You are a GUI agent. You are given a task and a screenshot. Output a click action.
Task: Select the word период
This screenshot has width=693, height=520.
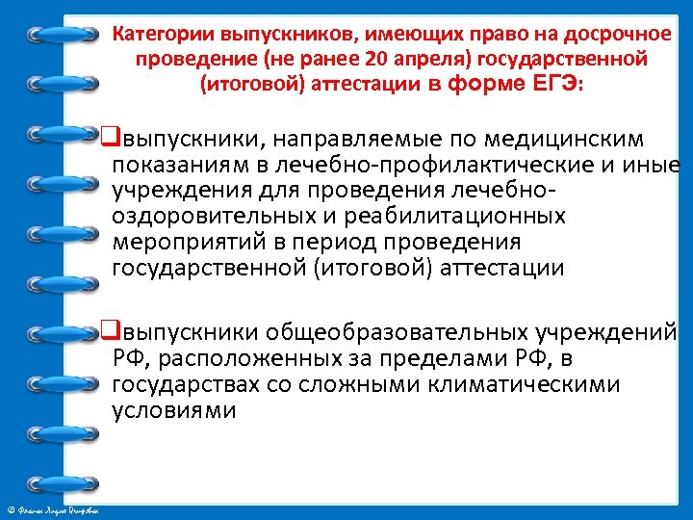(x=360, y=242)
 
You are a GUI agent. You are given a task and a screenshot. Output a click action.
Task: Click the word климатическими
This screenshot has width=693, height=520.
(x=540, y=385)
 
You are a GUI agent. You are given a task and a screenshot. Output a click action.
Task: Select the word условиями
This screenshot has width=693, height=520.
(x=173, y=411)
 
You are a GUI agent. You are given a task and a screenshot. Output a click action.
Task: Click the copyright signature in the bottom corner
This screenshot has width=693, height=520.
(x=58, y=509)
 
